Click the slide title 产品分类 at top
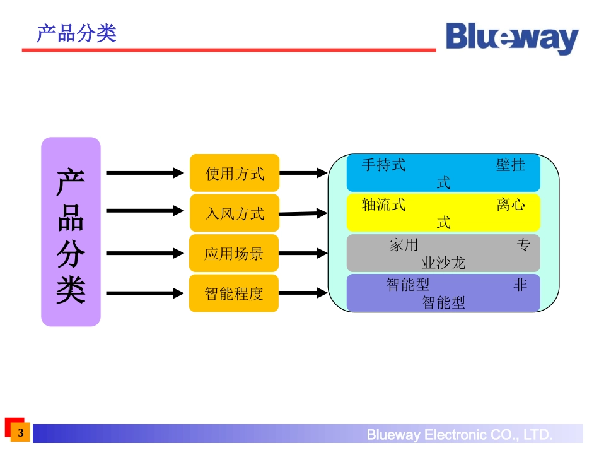click(x=76, y=33)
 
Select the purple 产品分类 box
click(x=71, y=232)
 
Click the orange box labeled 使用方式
click(x=234, y=173)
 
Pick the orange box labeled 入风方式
click(x=234, y=213)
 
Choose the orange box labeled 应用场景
click(x=234, y=254)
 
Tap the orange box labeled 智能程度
click(x=234, y=293)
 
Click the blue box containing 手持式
click(x=443, y=173)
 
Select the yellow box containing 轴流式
click(x=443, y=213)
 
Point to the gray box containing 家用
click(x=443, y=253)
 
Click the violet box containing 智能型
click(x=443, y=293)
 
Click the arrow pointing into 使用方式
click(x=144, y=173)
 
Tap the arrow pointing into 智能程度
click(x=144, y=293)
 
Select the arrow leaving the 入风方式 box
click(x=303, y=213)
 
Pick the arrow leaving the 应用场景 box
click(x=303, y=253)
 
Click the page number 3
click(x=21, y=433)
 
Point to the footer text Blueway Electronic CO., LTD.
click(x=460, y=435)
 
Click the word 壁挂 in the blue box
click(x=510, y=165)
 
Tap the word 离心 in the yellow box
click(x=510, y=204)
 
